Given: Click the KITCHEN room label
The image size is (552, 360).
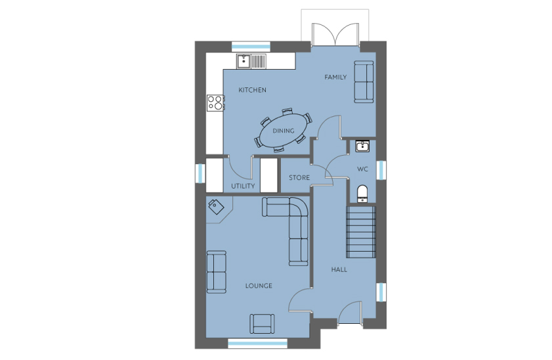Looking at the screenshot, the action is pyautogui.click(x=253, y=90).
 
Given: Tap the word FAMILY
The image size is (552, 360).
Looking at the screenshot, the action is pyautogui.click(x=335, y=77).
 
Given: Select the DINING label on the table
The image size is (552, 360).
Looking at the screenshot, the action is pyautogui.click(x=284, y=131).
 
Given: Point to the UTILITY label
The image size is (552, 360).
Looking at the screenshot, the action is pyautogui.click(x=243, y=186).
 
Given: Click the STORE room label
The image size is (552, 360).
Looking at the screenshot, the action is pyautogui.click(x=299, y=177).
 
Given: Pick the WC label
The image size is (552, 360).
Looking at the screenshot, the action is pyautogui.click(x=362, y=169).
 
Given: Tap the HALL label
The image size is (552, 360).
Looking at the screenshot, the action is pyautogui.click(x=339, y=269).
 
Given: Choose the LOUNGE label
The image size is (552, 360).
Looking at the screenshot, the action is pyautogui.click(x=259, y=286).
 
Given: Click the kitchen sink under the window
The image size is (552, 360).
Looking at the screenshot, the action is pyautogui.click(x=251, y=61).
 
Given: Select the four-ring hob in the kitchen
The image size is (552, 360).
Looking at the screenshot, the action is pyautogui.click(x=215, y=103).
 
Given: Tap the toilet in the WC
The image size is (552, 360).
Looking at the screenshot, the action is pyautogui.click(x=362, y=194).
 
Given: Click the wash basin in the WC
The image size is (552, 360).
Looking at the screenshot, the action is pyautogui.click(x=362, y=146).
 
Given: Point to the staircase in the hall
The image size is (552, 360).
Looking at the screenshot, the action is pyautogui.click(x=361, y=232).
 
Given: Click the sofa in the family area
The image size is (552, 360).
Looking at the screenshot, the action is pyautogui.click(x=364, y=81).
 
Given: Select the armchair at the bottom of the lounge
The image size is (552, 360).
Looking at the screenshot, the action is pyautogui.click(x=263, y=324).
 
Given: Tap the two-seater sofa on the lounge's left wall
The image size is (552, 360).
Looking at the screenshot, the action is pyautogui.click(x=216, y=272).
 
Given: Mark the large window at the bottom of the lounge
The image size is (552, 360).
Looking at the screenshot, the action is pyautogui.click(x=258, y=343).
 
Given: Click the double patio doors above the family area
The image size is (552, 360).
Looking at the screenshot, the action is pyautogui.click(x=335, y=35).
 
